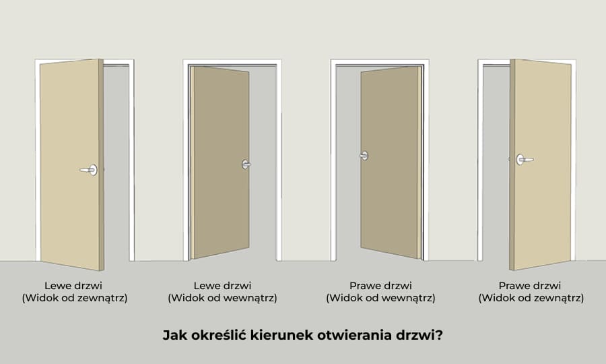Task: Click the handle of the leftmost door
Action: tap(90, 170)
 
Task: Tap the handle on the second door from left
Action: tap(246, 164)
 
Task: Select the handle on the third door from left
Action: tap(364, 156)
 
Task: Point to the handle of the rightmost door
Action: tap(523, 160)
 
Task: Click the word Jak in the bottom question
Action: tap(172, 334)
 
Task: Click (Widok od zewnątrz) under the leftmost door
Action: tap(74, 297)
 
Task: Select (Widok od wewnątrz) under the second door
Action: tap(222, 297)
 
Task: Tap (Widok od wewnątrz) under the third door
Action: tap(380, 297)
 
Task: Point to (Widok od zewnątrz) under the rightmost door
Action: tap(531, 297)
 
